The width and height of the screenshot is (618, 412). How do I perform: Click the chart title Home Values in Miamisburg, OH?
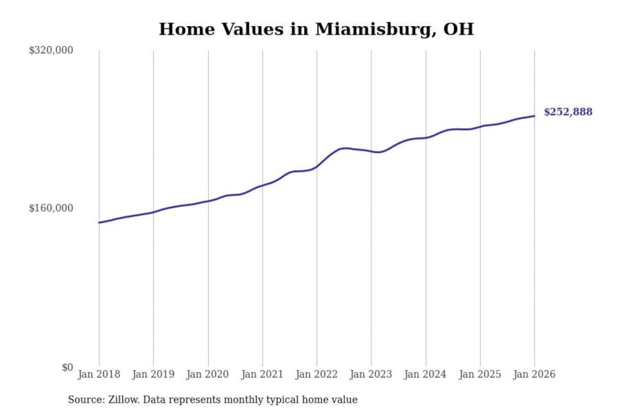coord(316,29)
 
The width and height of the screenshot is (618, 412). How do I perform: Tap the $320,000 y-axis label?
coord(51,50)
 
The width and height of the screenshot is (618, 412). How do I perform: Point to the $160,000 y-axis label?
coord(51,208)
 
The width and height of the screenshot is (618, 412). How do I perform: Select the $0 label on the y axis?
coord(67,367)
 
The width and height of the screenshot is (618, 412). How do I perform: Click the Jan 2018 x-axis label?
coord(99,374)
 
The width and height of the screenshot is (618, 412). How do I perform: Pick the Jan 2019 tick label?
coord(153,374)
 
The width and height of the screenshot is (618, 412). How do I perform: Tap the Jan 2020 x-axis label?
coord(208,374)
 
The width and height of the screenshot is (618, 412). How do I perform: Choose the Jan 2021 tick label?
coord(262,374)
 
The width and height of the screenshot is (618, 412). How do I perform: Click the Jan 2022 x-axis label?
coord(317,374)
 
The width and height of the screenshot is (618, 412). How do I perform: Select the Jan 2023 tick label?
coord(371,374)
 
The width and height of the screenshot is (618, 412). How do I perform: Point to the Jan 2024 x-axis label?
coord(425,374)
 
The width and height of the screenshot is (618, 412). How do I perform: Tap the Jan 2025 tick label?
coord(480,374)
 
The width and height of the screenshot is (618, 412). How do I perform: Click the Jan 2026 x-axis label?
coord(534,374)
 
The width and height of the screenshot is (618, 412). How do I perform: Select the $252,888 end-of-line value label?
coord(568,112)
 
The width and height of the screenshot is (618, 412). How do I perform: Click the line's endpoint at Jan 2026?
coord(534,116)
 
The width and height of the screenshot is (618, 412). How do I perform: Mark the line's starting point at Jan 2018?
coord(99,222)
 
